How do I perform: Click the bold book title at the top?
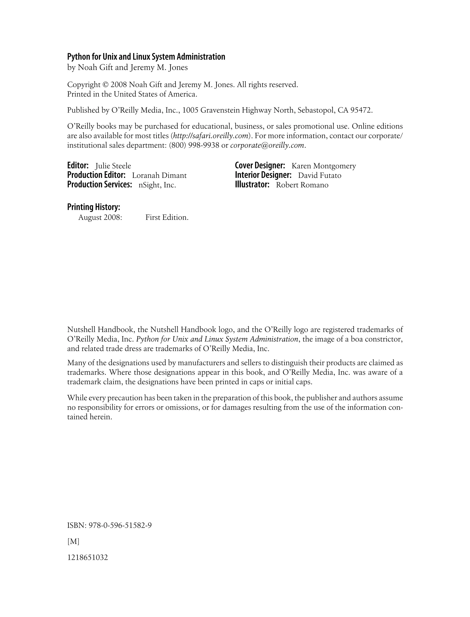(x=146, y=57)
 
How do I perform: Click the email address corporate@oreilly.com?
(x=267, y=146)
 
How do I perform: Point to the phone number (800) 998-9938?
(x=194, y=146)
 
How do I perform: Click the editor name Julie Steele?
(x=113, y=166)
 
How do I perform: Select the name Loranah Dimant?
(x=159, y=175)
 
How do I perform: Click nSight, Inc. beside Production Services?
(x=157, y=185)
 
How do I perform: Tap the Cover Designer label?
(x=260, y=166)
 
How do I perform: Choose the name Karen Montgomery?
(x=324, y=166)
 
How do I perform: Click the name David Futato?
(x=319, y=175)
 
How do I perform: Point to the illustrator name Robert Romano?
(x=302, y=185)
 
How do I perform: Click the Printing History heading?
(x=94, y=207)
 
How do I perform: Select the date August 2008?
(x=100, y=217)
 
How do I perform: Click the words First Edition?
(x=167, y=217)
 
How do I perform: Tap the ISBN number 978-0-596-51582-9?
(x=120, y=525)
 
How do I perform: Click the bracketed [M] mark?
(x=73, y=541)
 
